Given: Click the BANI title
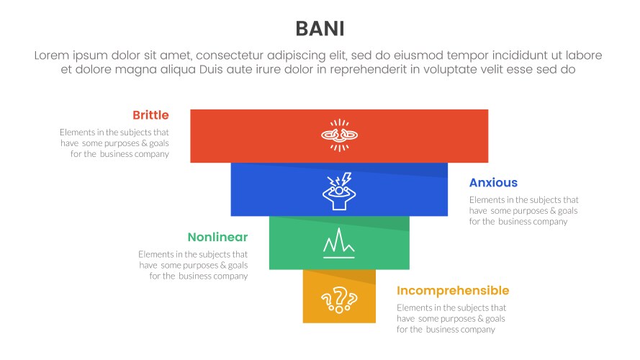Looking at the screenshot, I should [x=320, y=28].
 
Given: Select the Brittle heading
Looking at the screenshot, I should [x=150, y=115].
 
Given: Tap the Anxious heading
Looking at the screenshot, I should [x=493, y=183].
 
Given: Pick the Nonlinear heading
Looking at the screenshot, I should [x=217, y=237].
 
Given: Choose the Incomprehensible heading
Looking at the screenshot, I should [x=453, y=291].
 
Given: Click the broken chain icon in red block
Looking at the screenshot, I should [x=339, y=135].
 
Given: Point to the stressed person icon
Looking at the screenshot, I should [x=339, y=192].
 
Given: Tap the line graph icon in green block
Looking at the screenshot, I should [x=339, y=243].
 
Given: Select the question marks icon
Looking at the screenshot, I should [x=339, y=297].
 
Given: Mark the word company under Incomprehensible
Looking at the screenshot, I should [x=478, y=330].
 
